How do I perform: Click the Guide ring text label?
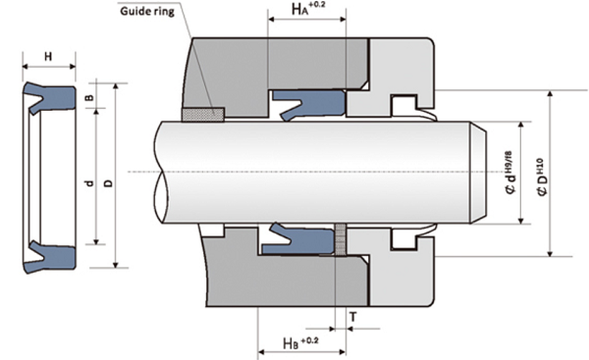[x=147, y=11]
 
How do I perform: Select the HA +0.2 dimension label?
[x=305, y=8]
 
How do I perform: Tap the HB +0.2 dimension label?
[x=301, y=342]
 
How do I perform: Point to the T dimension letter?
[x=353, y=317]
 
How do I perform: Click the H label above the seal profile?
[x=48, y=57]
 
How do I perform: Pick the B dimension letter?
[x=89, y=97]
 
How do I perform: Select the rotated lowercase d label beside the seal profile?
[x=89, y=183]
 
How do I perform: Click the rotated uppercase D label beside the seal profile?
[x=108, y=183]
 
